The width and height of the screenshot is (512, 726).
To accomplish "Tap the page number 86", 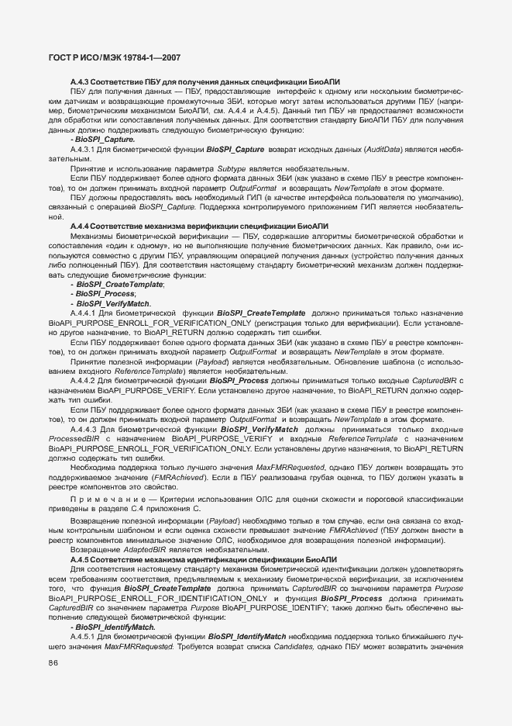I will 53,662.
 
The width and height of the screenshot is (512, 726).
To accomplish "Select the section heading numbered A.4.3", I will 204,82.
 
